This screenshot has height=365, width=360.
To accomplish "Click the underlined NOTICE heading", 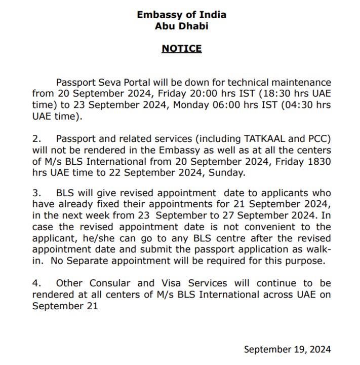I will [x=181, y=49].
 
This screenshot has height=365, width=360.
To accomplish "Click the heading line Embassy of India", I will [x=181, y=15].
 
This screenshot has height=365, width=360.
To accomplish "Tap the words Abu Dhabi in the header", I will [x=181, y=26].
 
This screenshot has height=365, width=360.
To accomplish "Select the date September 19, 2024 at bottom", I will [x=287, y=349].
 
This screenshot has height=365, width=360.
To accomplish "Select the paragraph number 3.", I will [x=35, y=194].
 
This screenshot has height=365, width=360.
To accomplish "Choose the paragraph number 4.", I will [x=35, y=283].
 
